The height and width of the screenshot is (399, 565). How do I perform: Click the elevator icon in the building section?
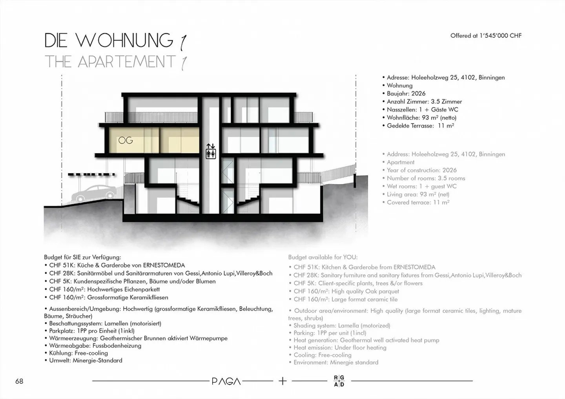[x=211, y=151]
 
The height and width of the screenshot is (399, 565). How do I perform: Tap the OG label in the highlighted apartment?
[x=126, y=140]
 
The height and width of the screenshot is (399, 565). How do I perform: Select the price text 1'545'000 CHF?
[x=500, y=36]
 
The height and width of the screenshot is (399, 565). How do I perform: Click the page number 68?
[x=19, y=381]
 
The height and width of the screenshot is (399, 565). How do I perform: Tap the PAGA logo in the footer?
[x=226, y=381]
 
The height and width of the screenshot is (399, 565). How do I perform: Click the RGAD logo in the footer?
[x=339, y=381]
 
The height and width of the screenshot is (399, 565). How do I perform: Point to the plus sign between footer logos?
[x=282, y=381]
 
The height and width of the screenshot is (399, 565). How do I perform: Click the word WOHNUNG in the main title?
[x=124, y=40]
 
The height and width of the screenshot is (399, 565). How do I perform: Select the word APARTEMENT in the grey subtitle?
[x=126, y=62]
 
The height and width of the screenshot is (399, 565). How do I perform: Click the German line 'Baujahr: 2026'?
[x=406, y=94]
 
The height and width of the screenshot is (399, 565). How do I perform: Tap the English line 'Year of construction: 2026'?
[x=422, y=170]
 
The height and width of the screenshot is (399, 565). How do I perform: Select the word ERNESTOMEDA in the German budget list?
[x=164, y=265]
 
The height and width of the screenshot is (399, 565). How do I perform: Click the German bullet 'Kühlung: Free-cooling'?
[x=78, y=353]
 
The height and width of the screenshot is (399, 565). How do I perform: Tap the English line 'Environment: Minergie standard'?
[x=336, y=363]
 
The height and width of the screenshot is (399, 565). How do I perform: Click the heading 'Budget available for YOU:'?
[x=323, y=258]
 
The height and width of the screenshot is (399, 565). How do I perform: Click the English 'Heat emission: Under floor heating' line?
[x=340, y=348]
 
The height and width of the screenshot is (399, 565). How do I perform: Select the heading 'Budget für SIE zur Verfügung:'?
[x=83, y=258]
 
